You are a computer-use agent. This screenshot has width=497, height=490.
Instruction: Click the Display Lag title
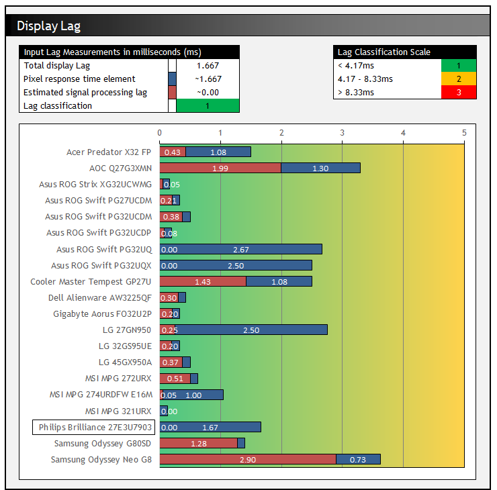(x=49, y=26)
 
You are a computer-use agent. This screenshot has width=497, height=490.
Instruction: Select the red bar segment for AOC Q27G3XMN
(x=220, y=168)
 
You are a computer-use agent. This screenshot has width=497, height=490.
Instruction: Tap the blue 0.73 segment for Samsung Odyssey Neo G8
(x=358, y=459)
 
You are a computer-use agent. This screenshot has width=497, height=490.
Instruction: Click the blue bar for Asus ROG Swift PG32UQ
(x=241, y=249)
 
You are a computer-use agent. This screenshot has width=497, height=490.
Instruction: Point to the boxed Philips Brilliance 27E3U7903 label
(x=93, y=427)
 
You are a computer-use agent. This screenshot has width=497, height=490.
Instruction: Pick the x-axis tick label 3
(x=342, y=132)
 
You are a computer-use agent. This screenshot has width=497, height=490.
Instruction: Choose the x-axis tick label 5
(x=464, y=132)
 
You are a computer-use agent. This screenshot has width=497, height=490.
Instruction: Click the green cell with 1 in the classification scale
(x=459, y=65)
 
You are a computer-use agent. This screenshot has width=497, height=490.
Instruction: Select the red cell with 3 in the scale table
(x=459, y=92)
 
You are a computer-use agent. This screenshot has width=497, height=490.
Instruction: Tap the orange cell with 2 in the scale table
(x=459, y=79)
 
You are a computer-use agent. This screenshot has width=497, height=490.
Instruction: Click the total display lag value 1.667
(x=208, y=66)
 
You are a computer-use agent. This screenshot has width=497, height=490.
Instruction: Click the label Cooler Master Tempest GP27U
(x=91, y=281)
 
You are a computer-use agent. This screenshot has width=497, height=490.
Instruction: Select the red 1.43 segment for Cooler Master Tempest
(x=203, y=281)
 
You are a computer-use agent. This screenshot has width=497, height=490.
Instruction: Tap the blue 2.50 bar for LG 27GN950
(x=251, y=330)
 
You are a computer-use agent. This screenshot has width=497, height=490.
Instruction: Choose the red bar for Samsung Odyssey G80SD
(x=199, y=443)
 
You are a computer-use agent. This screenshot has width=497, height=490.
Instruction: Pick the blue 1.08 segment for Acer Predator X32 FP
(x=218, y=152)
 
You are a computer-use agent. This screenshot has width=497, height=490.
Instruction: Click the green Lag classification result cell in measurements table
(x=208, y=105)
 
